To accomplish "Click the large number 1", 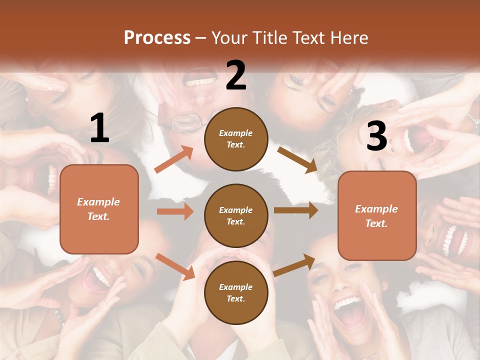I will pos(99,128).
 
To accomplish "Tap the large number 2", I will pos(236,75).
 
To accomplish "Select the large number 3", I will pos(377,136).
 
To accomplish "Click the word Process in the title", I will pos(157,37).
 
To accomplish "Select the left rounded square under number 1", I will pos(99,209).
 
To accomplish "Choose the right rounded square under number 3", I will pos(377,216).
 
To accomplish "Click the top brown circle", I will pos(236,139).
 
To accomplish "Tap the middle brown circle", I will pos(236,215).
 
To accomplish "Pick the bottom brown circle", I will pos(236,292).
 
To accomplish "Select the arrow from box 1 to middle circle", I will pos(175,211).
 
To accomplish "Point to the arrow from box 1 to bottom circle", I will pos(175,266).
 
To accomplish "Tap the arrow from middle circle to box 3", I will pos(296,210).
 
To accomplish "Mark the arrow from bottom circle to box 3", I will pos(294,265).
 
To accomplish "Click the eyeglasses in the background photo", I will pos(187,121).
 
